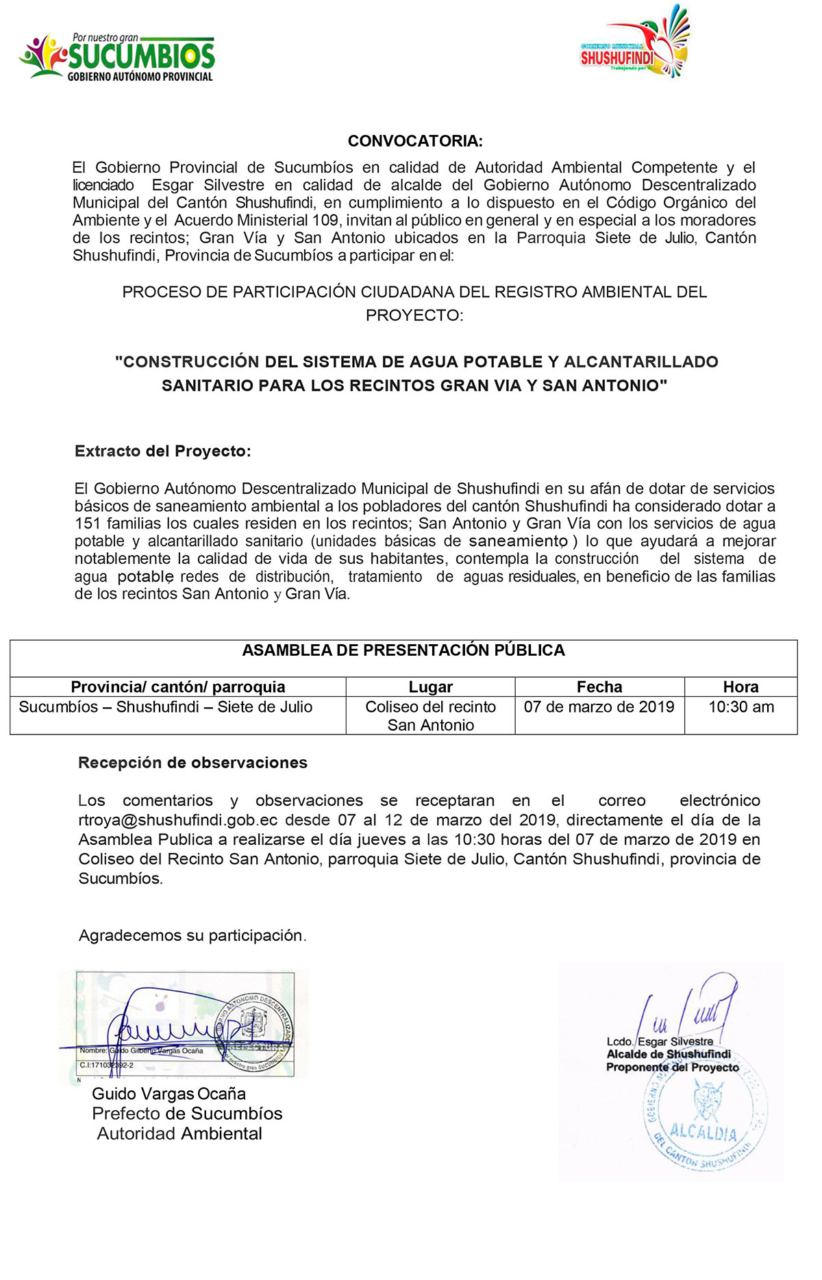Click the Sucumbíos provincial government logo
coord(117,58)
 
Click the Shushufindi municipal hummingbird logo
coord(636,42)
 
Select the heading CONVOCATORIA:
coord(415,141)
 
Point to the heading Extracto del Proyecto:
coord(163,451)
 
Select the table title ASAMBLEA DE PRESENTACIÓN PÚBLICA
coord(403,650)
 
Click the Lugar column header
coord(430,687)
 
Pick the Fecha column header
coord(599,687)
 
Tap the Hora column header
coord(740,687)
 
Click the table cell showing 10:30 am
coord(740,707)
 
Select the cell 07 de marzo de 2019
coord(599,707)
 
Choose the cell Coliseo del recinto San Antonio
coord(430,715)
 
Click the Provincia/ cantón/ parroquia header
coord(178,687)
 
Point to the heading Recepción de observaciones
coord(193,763)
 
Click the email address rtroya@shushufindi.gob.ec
coord(178,820)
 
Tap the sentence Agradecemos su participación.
coord(192,935)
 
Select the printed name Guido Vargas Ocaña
coord(169,1094)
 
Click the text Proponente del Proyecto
coord(673,1068)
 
